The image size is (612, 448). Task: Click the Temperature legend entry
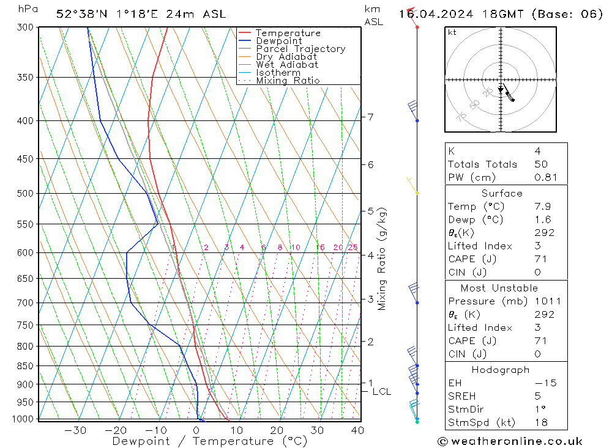click(288, 33)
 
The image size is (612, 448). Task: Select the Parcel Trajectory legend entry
click(300, 49)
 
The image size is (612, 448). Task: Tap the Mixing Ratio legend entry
click(288, 80)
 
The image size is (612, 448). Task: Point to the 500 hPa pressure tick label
click(26, 194)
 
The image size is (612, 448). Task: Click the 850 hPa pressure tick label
click(26, 366)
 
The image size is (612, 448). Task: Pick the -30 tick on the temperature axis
click(75, 430)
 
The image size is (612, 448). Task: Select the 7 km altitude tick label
click(370, 117)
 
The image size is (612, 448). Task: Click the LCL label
click(381, 391)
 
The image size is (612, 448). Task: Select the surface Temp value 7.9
click(542, 207)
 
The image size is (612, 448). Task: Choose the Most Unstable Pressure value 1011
click(547, 301)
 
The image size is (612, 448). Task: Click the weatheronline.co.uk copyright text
click(510, 441)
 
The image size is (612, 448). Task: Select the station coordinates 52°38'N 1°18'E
click(110, 14)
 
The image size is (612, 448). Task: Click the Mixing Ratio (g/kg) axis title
click(382, 259)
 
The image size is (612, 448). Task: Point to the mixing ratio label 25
click(353, 248)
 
